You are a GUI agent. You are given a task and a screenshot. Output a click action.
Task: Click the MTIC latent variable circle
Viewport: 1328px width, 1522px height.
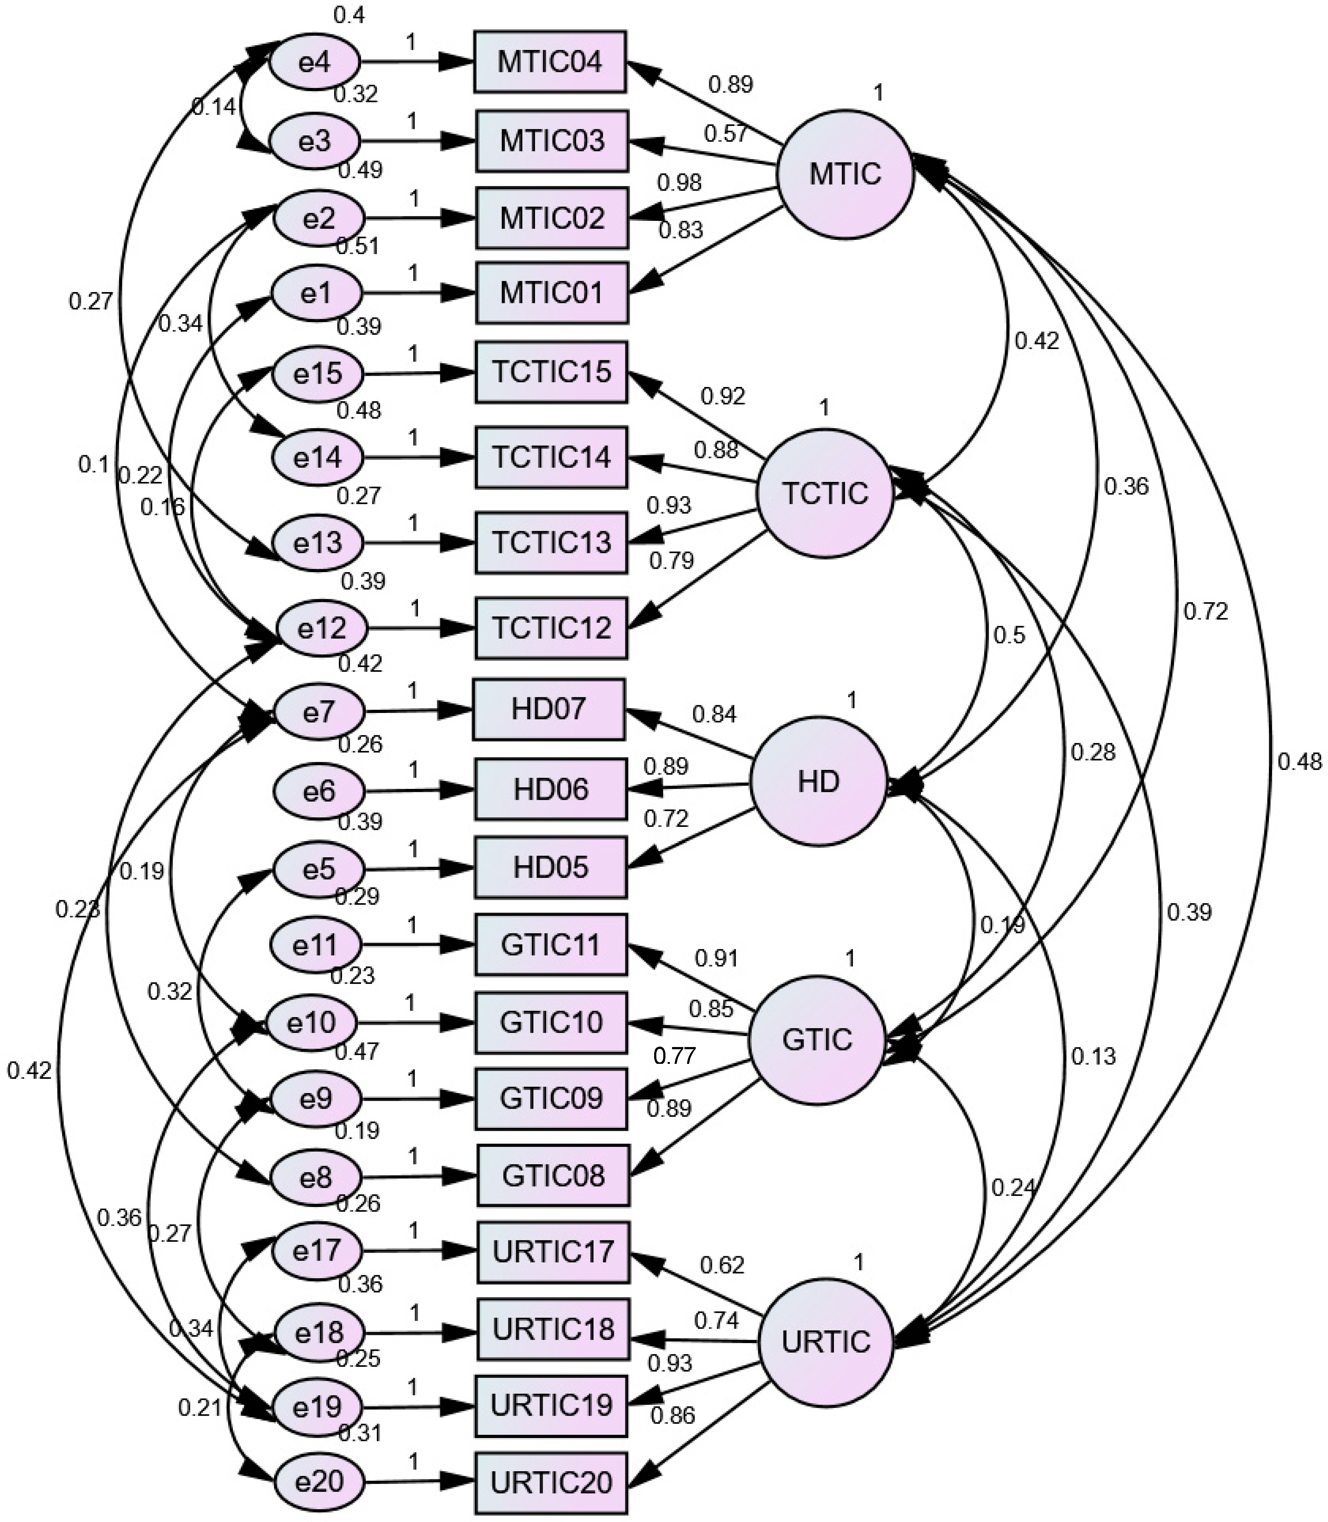[845, 174]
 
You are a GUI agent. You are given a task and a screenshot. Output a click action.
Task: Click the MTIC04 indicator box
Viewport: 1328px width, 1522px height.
[550, 61]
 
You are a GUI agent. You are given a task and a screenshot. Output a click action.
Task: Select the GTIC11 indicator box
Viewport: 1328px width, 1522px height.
[550, 945]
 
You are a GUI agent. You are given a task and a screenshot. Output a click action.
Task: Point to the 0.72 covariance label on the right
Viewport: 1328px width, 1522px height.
[1206, 612]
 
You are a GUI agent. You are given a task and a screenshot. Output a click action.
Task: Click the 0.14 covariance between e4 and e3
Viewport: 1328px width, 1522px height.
[214, 107]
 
